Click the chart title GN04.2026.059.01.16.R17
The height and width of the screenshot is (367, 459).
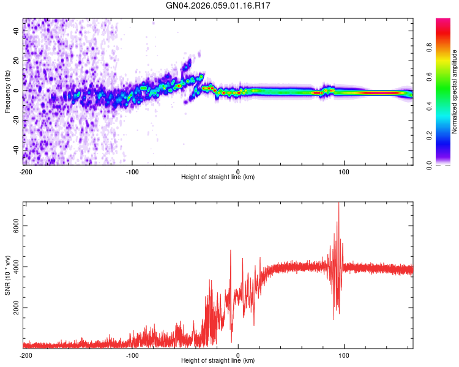pos(218,6)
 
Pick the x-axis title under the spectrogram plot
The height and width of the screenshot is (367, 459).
pos(218,177)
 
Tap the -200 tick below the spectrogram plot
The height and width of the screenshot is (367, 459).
pos(25,172)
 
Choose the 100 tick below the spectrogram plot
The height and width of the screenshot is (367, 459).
pos(345,172)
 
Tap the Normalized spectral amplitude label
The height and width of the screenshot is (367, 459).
pos(454,92)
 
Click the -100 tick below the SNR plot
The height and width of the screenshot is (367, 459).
pos(132,355)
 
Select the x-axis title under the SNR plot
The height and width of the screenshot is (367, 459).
pos(218,361)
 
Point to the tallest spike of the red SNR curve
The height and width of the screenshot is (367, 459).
pos(338,204)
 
